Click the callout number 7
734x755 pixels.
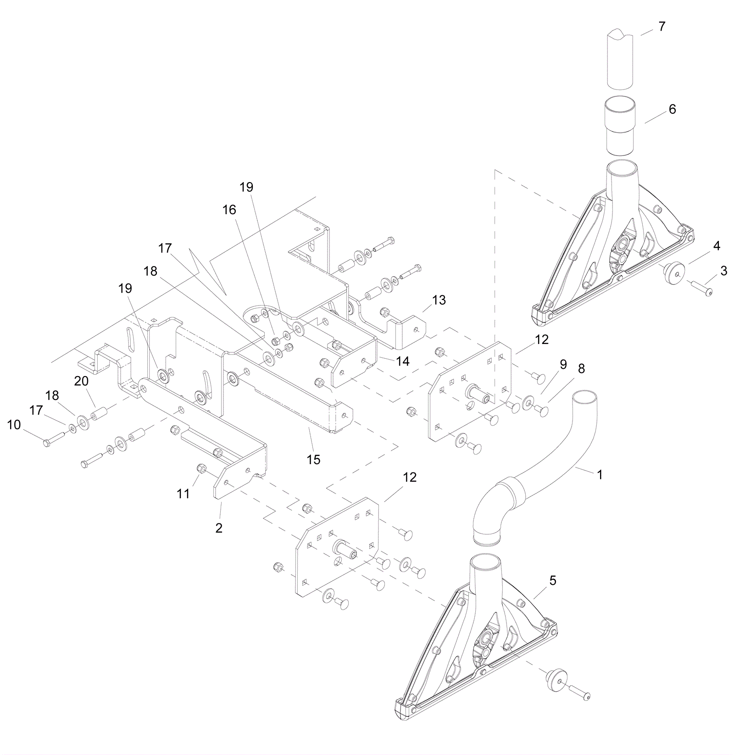tap(662, 27)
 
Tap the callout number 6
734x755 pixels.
tap(672, 109)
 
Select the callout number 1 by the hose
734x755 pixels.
tap(600, 475)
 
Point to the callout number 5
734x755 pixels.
tap(553, 581)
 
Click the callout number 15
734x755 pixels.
tap(313, 459)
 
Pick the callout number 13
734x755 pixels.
tap(439, 300)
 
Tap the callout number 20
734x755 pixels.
tap(82, 381)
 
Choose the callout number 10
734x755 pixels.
tap(14, 425)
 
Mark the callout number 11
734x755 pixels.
tap(183, 494)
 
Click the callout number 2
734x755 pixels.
tap(219, 528)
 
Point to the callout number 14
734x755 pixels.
tap(403, 361)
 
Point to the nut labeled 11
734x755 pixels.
tap(200, 468)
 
